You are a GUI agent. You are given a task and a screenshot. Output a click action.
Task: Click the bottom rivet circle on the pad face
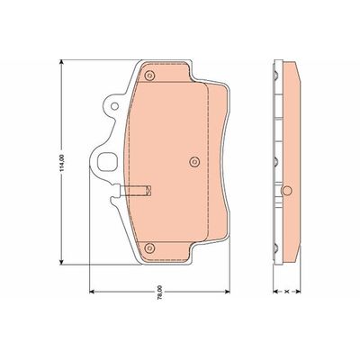(x=150, y=247)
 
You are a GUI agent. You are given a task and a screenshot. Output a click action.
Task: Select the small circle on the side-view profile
(x=287, y=191)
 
